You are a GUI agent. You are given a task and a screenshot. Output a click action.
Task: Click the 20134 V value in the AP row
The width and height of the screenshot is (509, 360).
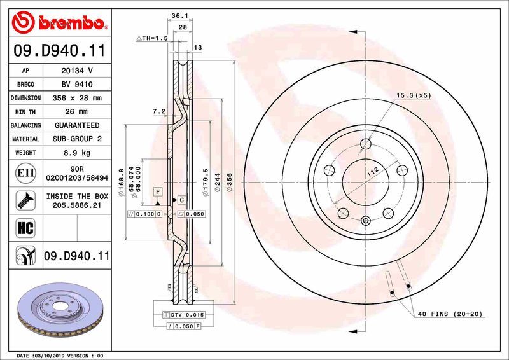[76, 71]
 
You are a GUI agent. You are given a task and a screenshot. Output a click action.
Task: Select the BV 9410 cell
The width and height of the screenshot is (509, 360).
[76, 85]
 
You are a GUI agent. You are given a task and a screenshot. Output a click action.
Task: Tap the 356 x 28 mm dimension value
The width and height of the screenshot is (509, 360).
[76, 99]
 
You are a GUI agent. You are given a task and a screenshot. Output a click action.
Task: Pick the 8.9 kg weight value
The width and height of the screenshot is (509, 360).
[76, 153]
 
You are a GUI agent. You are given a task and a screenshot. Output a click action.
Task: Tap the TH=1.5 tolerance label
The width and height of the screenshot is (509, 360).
[152, 39]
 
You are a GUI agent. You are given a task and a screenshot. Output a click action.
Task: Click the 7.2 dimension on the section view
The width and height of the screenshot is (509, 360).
[159, 111]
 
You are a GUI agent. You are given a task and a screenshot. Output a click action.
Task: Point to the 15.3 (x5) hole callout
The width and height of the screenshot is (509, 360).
[414, 95]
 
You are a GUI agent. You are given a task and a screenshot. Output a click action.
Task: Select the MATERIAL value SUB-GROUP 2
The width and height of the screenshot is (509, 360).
[76, 139]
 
